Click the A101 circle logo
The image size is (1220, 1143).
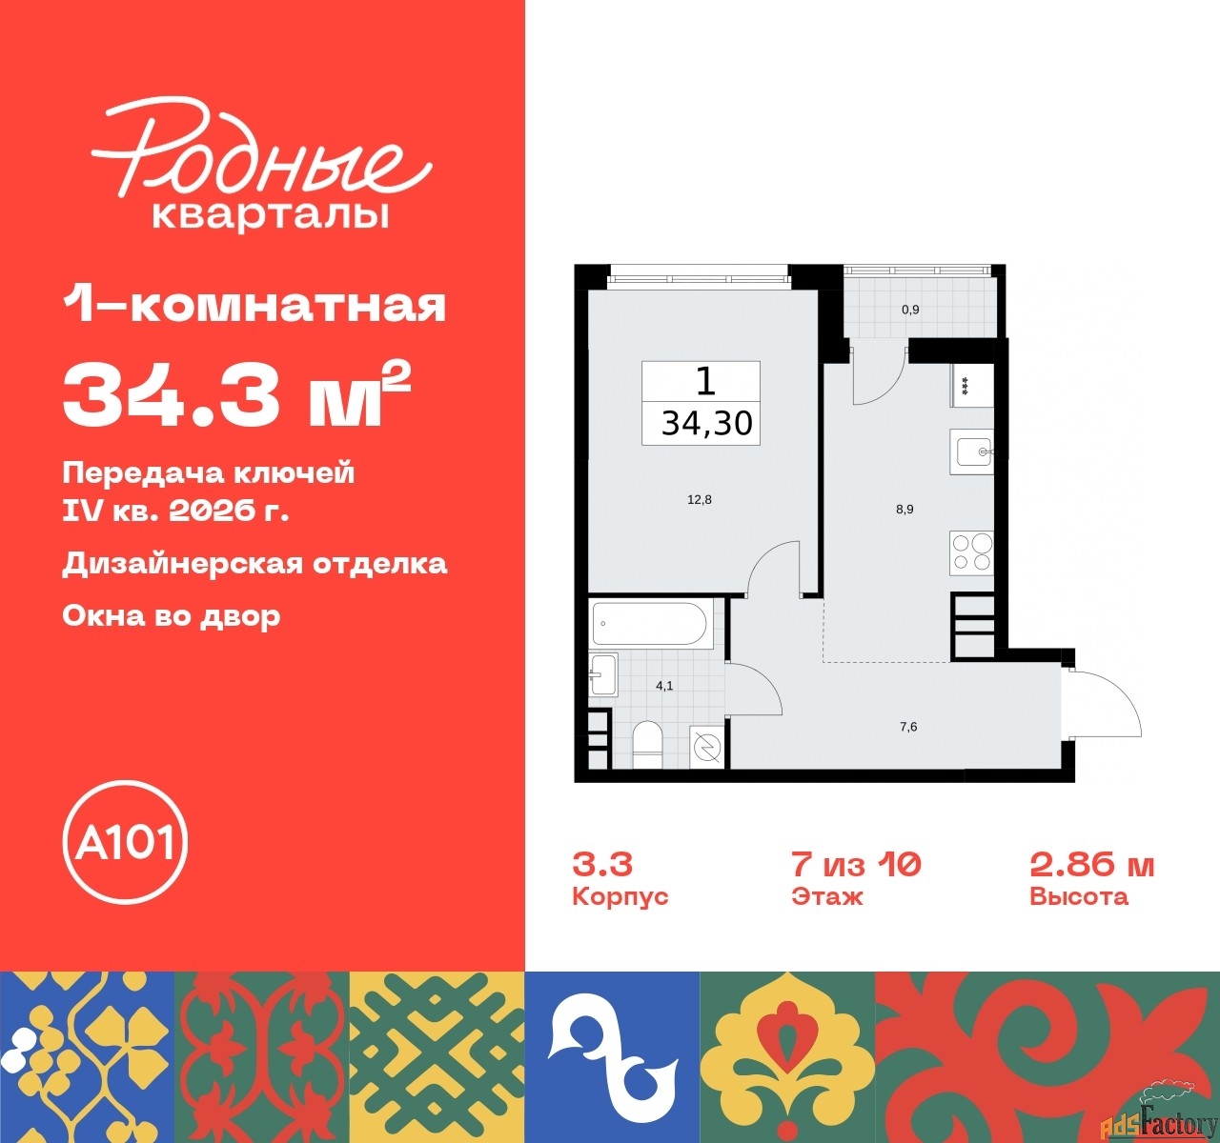[125, 842]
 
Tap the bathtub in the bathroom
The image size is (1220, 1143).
[649, 623]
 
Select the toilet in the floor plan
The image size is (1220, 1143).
[648, 744]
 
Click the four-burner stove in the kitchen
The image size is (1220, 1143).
[971, 553]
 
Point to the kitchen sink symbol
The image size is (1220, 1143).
[971, 451]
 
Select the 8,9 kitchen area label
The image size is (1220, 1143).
[905, 510]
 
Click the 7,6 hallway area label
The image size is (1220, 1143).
[908, 727]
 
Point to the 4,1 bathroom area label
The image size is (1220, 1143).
[664, 686]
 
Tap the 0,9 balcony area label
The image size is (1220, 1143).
[910, 310]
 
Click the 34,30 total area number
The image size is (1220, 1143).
[706, 423]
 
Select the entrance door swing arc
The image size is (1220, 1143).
[1110, 700]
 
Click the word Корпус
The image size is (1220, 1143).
[620, 896]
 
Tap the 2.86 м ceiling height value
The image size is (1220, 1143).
[1091, 864]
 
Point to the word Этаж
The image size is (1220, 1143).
[826, 896]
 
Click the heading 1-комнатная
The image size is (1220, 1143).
[254, 306]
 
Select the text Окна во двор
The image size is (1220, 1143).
[172, 615]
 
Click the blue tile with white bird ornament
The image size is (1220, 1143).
[612, 1056]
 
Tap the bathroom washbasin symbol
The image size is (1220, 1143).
[602, 674]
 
